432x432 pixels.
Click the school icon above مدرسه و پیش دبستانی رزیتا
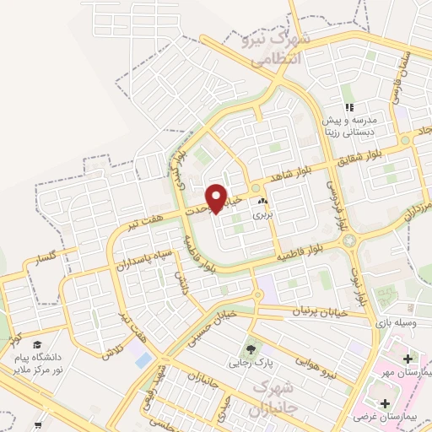pyautogui.click(x=348, y=107)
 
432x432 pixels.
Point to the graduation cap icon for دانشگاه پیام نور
pyautogui.click(x=37, y=344)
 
